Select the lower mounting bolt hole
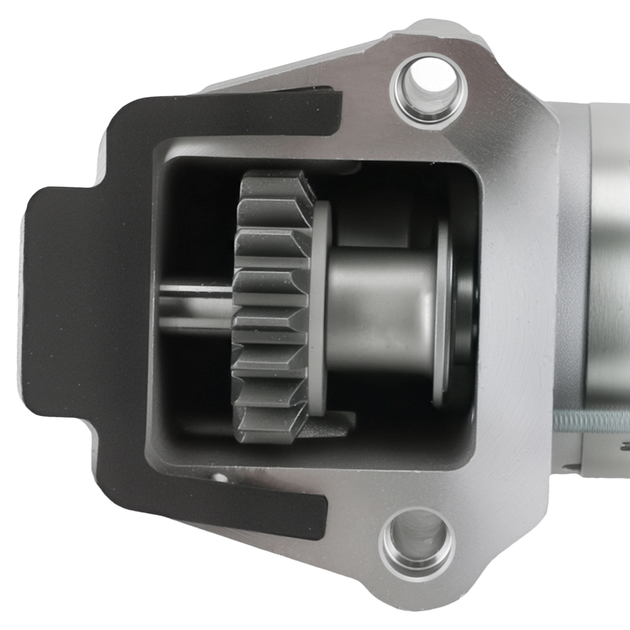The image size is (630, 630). click(x=417, y=541)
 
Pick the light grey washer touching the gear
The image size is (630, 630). click(x=322, y=309)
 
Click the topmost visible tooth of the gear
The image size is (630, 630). click(x=277, y=183)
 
